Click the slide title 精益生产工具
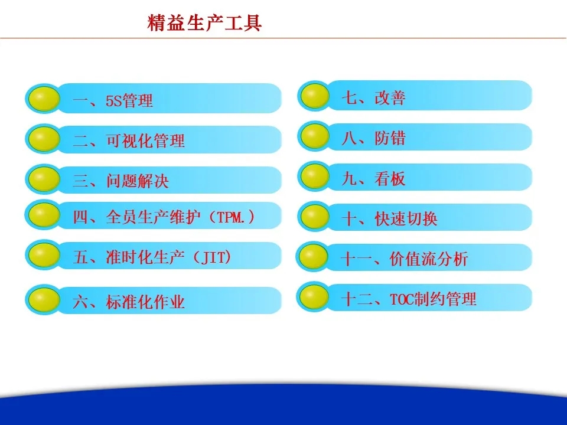pos(204,23)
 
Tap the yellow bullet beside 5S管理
pos(44,99)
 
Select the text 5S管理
pos(129,100)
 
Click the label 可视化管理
pos(145,140)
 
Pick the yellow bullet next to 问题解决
pos(44,179)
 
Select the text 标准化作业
pos(145,302)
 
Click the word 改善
pos(390,97)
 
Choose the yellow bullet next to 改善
pos(315,96)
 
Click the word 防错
pos(390,138)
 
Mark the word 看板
pos(390,178)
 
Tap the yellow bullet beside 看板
pos(315,176)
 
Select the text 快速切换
pos(406,218)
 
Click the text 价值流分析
pos(429,259)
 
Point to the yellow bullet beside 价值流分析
pos(314,257)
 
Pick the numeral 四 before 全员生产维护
pos(81,217)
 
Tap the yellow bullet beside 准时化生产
pos(44,255)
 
